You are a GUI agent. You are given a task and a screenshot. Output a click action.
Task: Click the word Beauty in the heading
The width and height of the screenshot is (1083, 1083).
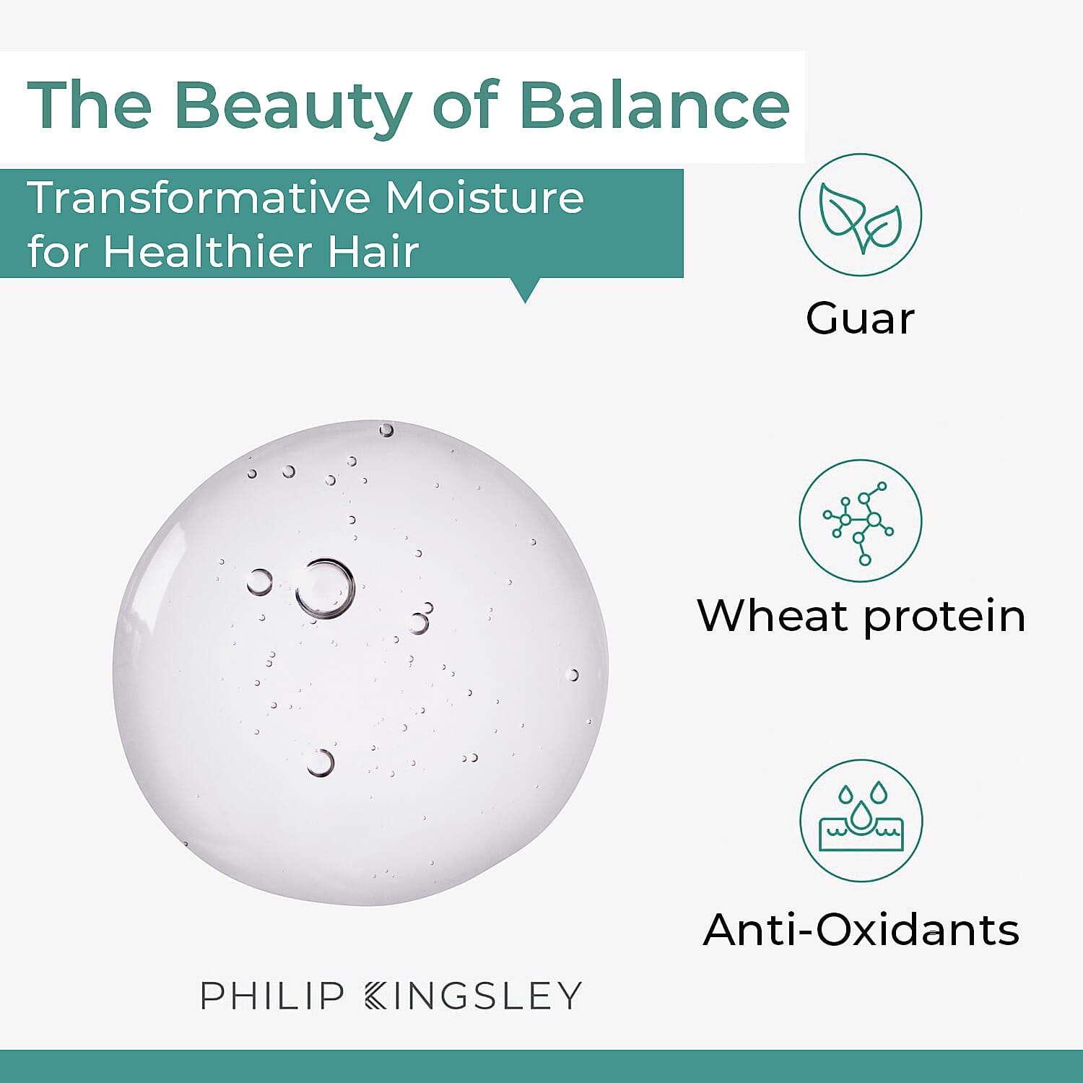(x=292, y=106)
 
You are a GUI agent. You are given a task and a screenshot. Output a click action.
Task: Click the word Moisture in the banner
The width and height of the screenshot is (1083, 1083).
(x=484, y=197)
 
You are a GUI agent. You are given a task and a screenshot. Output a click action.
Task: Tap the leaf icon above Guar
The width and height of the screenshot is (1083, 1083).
(x=860, y=214)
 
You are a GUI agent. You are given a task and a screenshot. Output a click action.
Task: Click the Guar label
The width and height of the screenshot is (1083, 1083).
(x=860, y=318)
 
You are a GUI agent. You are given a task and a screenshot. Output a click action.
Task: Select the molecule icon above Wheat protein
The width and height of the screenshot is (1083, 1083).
(x=860, y=521)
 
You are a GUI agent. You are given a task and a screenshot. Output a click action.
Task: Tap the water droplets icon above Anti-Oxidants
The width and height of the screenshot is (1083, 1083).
(x=861, y=821)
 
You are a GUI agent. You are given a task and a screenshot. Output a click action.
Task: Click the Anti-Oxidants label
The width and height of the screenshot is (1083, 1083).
(x=861, y=929)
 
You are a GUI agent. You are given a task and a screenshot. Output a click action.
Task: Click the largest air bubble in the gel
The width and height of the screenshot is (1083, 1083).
(x=326, y=588)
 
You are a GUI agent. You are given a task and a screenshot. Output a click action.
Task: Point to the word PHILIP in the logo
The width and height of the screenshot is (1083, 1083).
(x=272, y=996)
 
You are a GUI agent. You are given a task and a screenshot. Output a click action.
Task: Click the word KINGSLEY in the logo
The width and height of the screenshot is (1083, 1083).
(x=474, y=996)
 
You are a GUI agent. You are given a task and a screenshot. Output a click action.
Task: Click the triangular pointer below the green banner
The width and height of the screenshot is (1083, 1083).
(x=525, y=290)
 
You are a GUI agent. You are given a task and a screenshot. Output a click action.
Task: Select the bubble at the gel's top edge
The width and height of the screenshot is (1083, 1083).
(x=386, y=430)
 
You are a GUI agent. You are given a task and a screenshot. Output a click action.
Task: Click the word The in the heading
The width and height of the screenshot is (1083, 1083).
(x=90, y=106)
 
